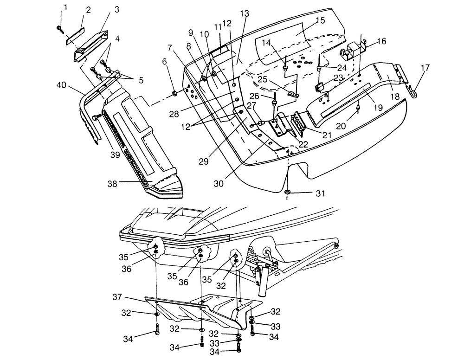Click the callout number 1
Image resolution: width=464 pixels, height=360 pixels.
[65, 7]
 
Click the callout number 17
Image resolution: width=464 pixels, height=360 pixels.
[425, 68]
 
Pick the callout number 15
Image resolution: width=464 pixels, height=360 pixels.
[321, 21]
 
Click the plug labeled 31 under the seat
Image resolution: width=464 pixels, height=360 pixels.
[288, 192]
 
